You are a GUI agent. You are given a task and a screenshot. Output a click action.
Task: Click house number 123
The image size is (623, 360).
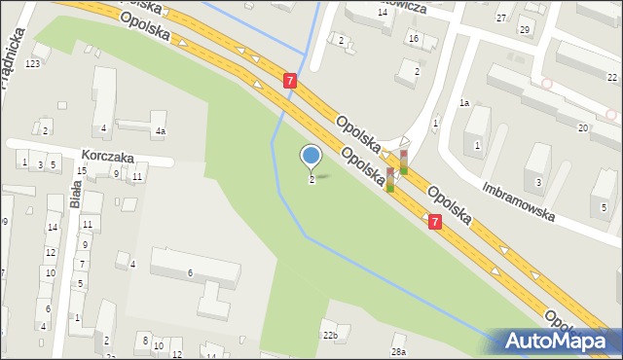pos(33,63)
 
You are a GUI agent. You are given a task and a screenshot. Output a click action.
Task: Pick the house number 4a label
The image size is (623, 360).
pos(160,130)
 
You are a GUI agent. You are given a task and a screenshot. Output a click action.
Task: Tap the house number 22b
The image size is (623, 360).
pos(330,336)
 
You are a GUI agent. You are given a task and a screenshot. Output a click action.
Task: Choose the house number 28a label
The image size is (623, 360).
pos(397,351)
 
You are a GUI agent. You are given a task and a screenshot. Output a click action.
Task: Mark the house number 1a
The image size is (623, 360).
pos(464,102)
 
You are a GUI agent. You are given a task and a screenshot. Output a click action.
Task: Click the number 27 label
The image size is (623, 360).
pos(500,18)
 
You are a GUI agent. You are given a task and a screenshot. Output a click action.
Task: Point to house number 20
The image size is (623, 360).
pos(582,127)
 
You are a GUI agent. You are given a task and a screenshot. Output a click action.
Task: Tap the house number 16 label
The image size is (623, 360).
pos(414,38)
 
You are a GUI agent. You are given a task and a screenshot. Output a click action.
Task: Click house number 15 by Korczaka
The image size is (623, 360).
pos(83,170)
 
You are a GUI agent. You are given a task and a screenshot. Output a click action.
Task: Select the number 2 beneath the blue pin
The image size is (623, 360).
pos(311,180)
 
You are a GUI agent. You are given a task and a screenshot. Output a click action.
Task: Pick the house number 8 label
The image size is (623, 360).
pos(144,340)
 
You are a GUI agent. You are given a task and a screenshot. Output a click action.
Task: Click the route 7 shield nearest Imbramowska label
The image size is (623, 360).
pos(435,223)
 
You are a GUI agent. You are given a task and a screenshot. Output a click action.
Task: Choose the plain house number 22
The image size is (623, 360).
pos(612,77)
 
